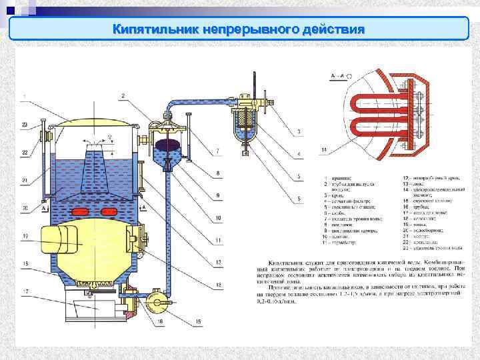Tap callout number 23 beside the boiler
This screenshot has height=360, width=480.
pos(25,125)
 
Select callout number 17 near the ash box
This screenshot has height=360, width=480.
pos(25,291)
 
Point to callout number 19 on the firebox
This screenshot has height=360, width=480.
pos(25,236)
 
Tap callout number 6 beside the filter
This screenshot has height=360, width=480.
pos(299,198)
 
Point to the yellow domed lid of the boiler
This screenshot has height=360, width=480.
pos(93,123)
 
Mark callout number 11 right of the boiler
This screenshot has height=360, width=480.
pos(218,240)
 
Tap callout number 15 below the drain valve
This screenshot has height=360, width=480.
pos(198,323)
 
